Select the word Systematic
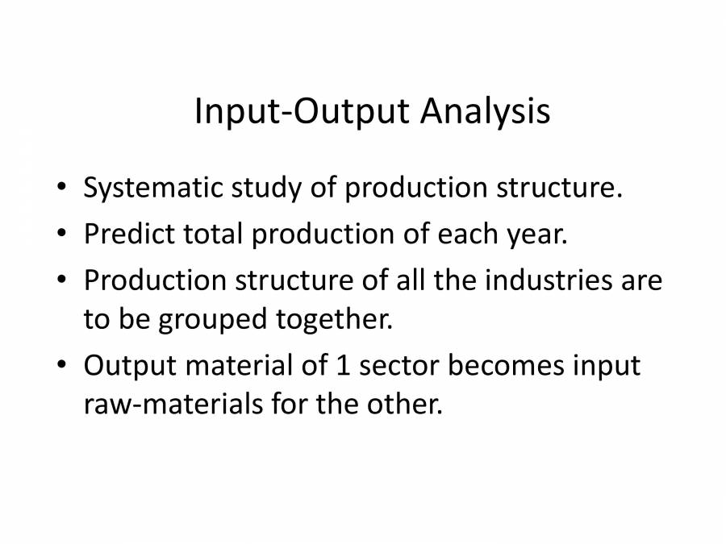(x=153, y=189)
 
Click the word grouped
(x=212, y=320)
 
